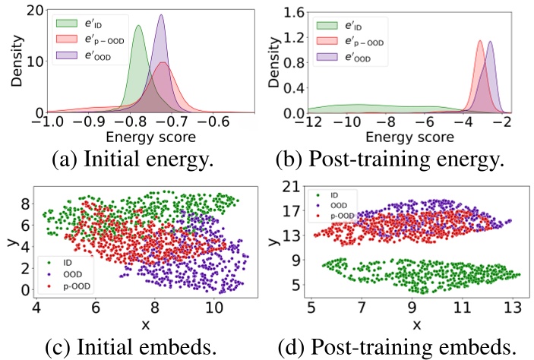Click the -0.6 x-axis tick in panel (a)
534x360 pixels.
pyautogui.click(x=216, y=122)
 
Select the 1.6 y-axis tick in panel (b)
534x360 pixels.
pyautogui.click(x=295, y=11)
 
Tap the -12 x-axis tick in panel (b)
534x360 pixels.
pyautogui.click(x=308, y=122)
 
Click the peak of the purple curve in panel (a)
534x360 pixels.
pyautogui.click(x=161, y=16)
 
